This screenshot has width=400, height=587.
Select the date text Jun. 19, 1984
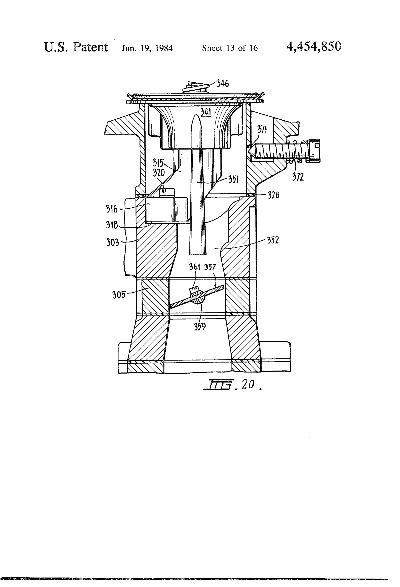[147, 48]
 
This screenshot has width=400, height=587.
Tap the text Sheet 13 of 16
[230, 48]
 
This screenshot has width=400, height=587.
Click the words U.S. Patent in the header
[76, 47]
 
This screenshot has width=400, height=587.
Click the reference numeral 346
[223, 84]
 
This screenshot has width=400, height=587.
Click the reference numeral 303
[113, 243]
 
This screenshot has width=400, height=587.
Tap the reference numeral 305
[119, 295]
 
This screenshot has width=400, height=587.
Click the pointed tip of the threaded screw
[249, 151]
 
